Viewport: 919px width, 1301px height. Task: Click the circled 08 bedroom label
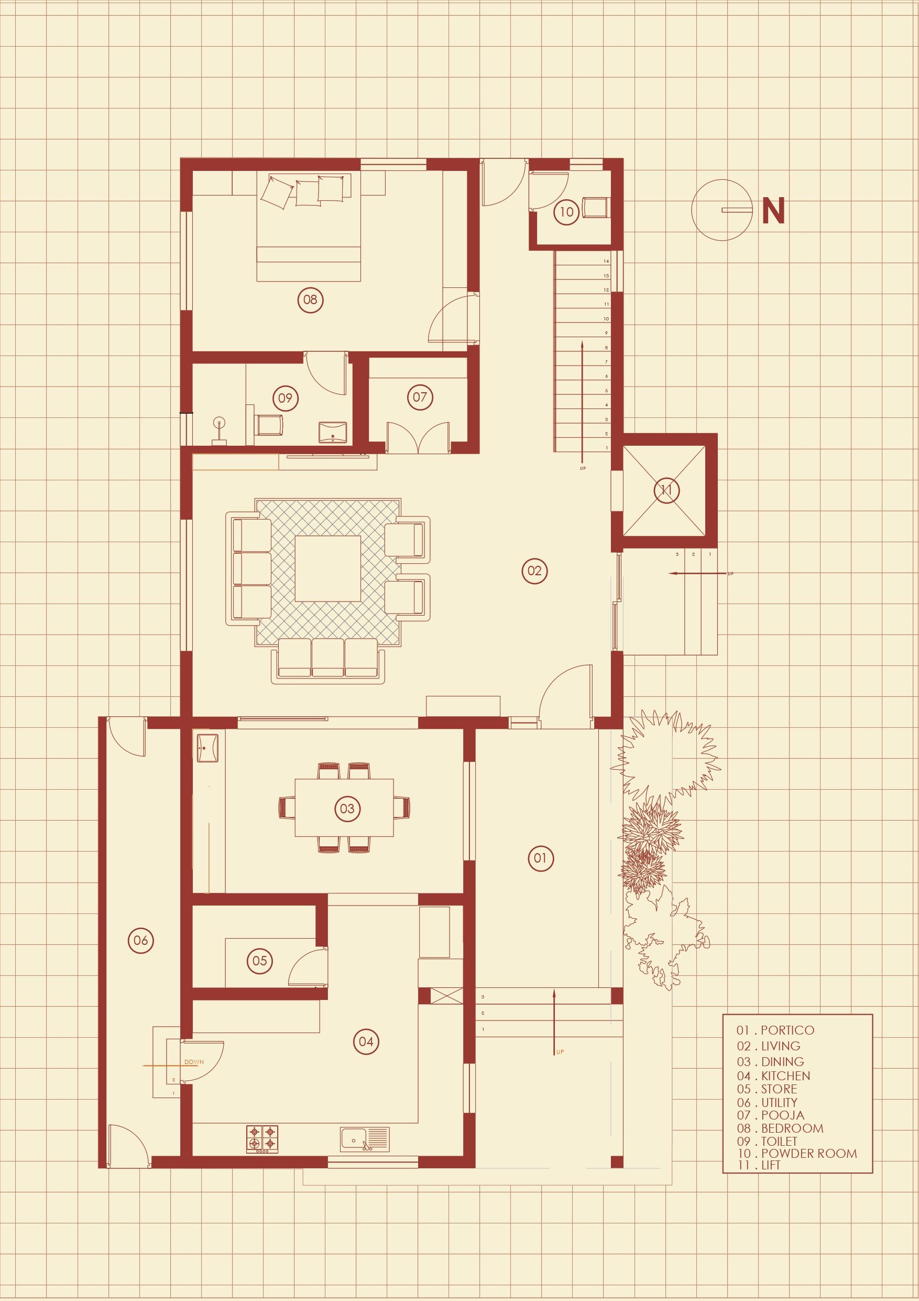pos(310,300)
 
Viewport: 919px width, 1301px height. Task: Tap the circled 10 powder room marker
pos(566,212)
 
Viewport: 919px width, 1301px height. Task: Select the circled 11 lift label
pos(666,490)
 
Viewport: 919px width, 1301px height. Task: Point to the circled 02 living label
pos(534,571)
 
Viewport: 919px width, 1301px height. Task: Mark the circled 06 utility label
pos(140,940)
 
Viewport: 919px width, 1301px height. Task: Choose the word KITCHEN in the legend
pos(785,1076)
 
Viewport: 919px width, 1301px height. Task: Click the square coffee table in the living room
pos(328,568)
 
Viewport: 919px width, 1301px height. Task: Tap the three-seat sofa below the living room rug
pos(328,661)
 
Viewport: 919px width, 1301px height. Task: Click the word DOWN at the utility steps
pos(194,1062)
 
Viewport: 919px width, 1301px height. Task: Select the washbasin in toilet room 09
pos(332,432)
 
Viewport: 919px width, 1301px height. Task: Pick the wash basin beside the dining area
pos(207,748)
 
